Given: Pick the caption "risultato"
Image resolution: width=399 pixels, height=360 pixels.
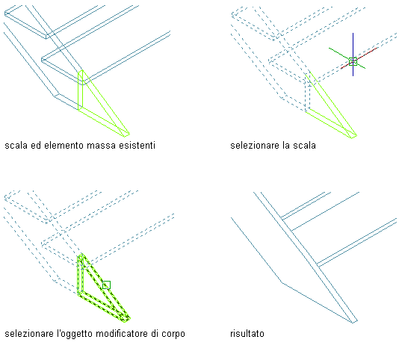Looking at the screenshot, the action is [x=247, y=334].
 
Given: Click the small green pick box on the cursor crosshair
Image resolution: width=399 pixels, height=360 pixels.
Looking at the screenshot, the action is [x=353, y=61].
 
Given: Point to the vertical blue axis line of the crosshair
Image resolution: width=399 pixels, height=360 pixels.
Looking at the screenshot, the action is [x=353, y=55].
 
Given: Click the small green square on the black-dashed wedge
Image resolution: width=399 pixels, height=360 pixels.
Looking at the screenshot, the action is [x=106, y=285].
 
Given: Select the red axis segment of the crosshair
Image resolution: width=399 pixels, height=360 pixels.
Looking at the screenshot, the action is [x=359, y=58].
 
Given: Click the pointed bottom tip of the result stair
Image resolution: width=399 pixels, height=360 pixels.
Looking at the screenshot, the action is [x=354, y=323].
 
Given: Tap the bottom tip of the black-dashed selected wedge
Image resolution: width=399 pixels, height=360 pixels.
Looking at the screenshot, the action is [x=126, y=320].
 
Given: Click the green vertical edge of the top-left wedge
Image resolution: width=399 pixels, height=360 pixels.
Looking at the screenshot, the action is [x=78, y=91].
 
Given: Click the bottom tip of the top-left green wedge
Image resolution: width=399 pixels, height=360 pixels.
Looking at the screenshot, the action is [x=126, y=136].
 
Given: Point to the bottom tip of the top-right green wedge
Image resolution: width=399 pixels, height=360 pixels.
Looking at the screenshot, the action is [x=353, y=137].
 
